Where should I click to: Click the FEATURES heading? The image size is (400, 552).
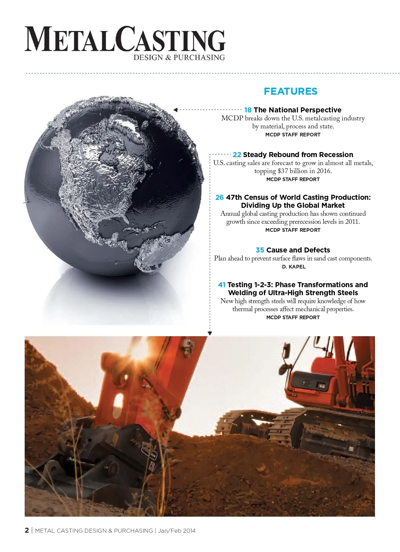(290, 91)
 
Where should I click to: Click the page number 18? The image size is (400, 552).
(248, 110)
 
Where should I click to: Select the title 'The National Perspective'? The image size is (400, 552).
(297, 110)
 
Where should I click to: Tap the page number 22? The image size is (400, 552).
(237, 155)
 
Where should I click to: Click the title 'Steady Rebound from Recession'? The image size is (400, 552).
(298, 155)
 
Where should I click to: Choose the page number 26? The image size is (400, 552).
(219, 197)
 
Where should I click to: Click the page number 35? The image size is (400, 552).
(260, 250)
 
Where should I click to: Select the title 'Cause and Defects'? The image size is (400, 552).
(298, 250)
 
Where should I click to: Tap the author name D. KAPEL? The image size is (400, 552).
(293, 267)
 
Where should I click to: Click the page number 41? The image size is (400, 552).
(222, 285)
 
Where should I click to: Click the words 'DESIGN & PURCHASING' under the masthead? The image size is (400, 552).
(179, 57)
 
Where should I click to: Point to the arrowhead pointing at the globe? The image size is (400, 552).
(175, 110)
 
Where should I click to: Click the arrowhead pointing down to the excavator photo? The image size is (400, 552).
(210, 333)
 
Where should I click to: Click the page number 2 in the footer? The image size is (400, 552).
(27, 530)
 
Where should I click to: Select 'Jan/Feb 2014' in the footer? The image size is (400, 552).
(177, 531)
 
